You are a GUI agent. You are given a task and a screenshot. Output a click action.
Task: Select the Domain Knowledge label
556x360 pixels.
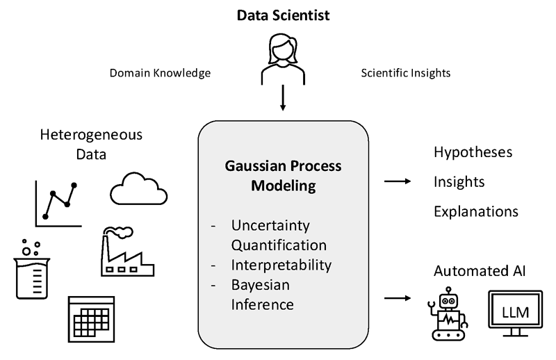coord(160,72)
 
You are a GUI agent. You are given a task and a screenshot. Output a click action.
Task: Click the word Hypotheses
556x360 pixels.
coord(473,153)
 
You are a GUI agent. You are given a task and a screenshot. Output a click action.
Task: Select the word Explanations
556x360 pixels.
coord(476,211)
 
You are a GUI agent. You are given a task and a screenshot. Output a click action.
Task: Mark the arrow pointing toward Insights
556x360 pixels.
coord(398,181)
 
